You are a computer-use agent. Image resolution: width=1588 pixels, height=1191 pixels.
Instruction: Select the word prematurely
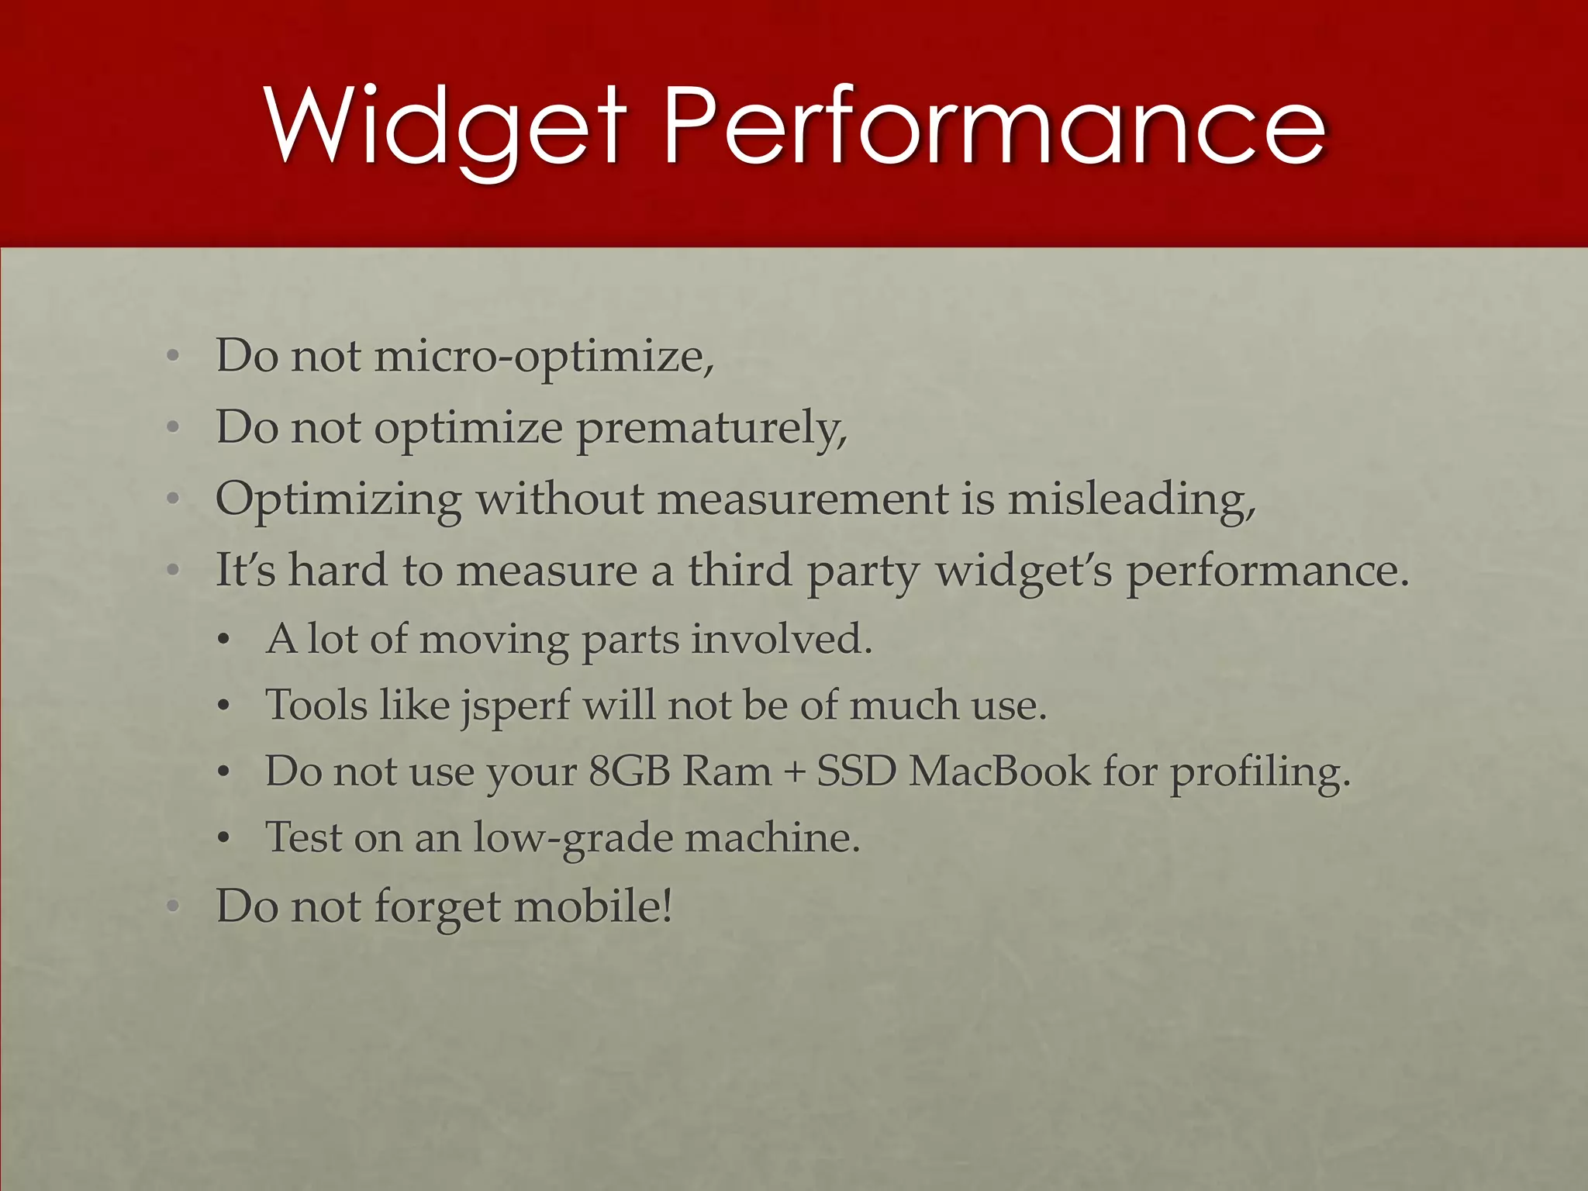pos(711,429)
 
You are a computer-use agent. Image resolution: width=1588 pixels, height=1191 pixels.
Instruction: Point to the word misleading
pos(1131,500)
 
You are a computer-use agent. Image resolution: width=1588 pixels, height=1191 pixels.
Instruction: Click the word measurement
pos(803,500)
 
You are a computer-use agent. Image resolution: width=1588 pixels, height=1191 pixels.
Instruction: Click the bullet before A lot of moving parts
pos(223,641)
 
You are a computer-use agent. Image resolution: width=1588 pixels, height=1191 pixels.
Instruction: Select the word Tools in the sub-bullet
pos(316,706)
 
